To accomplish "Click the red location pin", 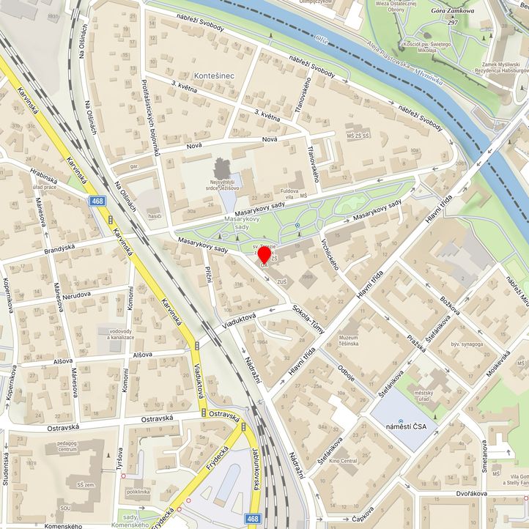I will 264,256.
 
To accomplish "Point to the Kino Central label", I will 343,461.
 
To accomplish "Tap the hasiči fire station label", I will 154,216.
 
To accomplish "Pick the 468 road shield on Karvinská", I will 97,200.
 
